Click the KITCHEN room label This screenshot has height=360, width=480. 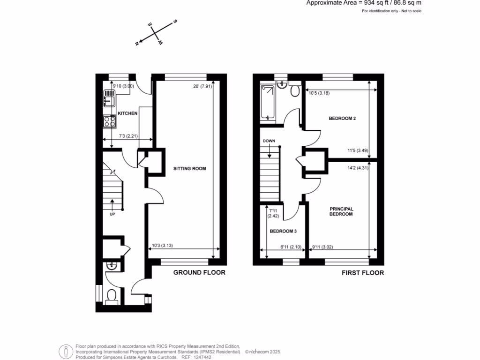(127, 113)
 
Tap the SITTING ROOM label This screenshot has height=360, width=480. (189, 168)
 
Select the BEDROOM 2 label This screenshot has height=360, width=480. (342, 119)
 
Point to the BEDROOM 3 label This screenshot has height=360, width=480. (283, 231)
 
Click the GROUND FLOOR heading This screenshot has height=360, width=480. (199, 272)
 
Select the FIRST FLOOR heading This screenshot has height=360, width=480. (362, 273)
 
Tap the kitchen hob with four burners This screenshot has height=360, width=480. (109, 121)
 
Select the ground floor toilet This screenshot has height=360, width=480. (112, 296)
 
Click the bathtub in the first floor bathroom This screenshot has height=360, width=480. (268, 102)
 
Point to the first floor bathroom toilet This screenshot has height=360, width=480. (295, 91)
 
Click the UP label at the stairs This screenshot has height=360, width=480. (112, 214)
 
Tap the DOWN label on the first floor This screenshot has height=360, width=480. (269, 141)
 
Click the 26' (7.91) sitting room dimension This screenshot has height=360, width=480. (202, 86)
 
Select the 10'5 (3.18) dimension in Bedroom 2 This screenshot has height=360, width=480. (319, 93)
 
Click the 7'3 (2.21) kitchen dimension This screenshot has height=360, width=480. (128, 136)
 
